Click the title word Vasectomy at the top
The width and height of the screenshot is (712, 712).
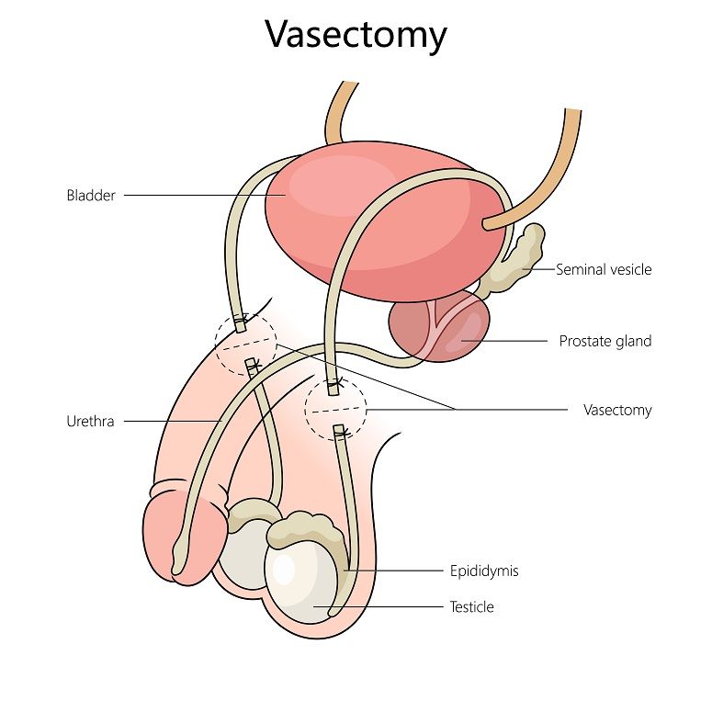[356, 35]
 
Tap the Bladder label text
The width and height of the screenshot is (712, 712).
[91, 195]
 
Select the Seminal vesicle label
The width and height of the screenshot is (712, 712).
[604, 269]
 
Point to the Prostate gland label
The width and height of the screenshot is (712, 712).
[605, 341]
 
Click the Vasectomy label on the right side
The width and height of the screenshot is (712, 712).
[617, 410]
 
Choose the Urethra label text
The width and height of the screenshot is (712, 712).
[90, 422]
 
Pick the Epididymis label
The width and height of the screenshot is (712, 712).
[484, 571]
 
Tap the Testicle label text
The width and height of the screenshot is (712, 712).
[471, 606]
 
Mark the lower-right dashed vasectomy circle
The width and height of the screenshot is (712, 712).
[335, 408]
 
